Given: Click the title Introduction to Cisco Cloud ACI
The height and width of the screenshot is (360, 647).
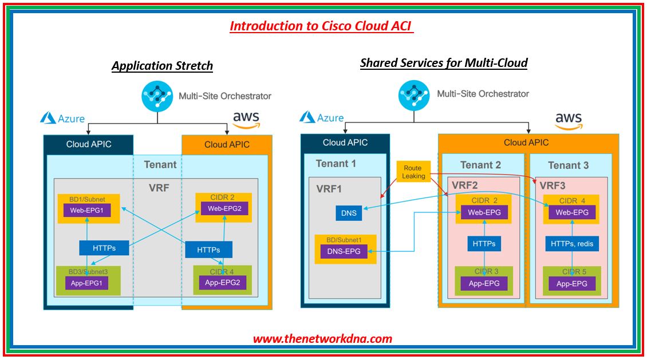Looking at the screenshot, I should (x=321, y=26).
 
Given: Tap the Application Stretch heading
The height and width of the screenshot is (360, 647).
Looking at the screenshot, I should (x=162, y=66).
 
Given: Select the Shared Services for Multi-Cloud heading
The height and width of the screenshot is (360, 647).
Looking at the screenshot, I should (x=444, y=63).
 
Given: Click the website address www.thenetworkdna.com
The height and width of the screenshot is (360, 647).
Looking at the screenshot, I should (x=322, y=338).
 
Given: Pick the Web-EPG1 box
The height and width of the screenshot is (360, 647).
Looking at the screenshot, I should (x=87, y=210).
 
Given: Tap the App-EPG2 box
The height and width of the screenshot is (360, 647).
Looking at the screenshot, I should (x=222, y=282).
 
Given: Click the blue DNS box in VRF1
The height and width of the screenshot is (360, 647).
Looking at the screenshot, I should (x=348, y=213).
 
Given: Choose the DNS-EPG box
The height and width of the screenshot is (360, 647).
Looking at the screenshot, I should (x=344, y=251).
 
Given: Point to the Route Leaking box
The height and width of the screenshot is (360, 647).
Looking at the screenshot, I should (x=413, y=172).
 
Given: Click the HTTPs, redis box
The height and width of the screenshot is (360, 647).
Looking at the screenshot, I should (x=572, y=244).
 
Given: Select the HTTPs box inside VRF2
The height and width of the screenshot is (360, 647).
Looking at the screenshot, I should (x=484, y=244).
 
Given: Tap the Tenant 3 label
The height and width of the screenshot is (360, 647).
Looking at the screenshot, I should (x=568, y=165).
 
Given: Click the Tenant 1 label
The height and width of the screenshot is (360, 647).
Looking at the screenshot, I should (x=336, y=164).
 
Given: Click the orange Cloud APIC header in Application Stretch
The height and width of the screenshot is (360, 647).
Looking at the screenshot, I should (x=227, y=144).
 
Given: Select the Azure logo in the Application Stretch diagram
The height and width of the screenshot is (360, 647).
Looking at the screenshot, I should (x=62, y=118).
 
